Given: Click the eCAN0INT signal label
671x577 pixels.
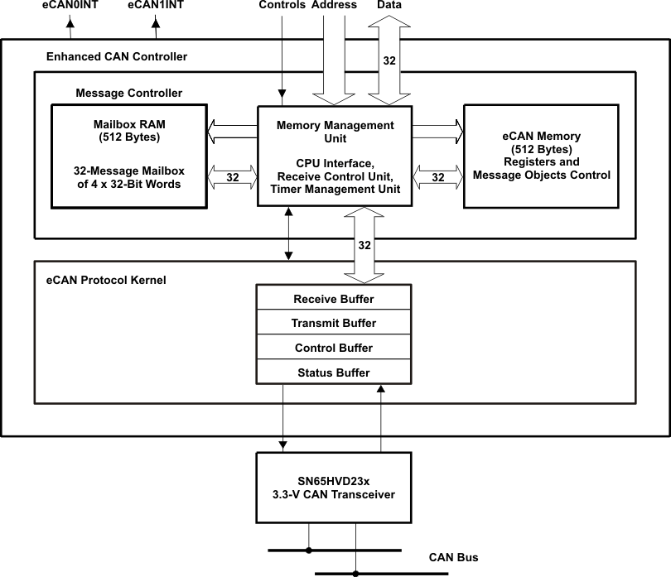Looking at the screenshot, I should click(70, 5).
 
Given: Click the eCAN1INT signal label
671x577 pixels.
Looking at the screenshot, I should click(156, 5).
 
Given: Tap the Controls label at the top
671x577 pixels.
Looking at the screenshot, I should click(282, 5).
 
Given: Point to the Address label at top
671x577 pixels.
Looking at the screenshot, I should click(335, 5).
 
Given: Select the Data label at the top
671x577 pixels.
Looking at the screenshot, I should click(389, 5).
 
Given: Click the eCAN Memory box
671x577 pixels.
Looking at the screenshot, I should click(540, 156).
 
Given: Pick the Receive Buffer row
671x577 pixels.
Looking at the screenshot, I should click(334, 299).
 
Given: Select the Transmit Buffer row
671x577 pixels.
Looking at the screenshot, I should click(334, 324).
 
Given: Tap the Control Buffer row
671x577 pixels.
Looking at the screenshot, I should click(334, 349).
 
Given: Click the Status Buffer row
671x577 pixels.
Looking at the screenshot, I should click(334, 373).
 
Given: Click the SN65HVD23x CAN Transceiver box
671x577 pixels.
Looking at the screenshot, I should click(334, 488).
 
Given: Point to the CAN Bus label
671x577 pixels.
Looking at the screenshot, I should click(453, 558).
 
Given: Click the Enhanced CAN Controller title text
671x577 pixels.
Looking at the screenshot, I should click(117, 57).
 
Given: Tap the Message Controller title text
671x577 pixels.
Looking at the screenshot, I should click(128, 93).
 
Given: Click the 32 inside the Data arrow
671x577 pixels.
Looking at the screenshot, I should click(389, 60).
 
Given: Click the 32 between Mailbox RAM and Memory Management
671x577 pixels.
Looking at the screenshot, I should click(233, 176).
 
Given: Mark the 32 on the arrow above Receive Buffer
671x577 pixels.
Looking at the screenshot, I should click(364, 245).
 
